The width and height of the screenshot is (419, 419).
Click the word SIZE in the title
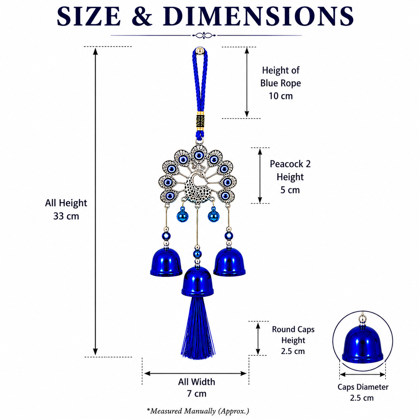point(89,16)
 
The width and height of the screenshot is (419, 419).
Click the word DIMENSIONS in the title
point(258,16)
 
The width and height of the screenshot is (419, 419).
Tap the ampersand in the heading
point(142,16)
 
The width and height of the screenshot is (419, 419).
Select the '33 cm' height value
point(66,216)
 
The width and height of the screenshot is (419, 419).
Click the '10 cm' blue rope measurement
point(281,96)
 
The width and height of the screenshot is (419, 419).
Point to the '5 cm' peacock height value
point(290,190)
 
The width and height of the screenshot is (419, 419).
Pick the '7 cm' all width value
point(196,393)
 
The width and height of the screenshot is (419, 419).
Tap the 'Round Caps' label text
point(293,329)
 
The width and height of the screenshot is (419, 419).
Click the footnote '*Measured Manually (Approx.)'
point(198,411)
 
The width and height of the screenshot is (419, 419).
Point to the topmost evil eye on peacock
point(198,155)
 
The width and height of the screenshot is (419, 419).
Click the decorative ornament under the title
point(204,35)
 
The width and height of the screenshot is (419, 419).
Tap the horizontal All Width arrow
point(195,374)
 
